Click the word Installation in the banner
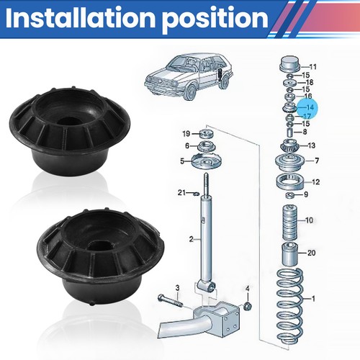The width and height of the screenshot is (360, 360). [x=81, y=18]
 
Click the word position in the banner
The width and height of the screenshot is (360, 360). [x=215, y=19]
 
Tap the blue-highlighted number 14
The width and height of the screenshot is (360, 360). [x=310, y=107]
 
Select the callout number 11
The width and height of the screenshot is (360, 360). [x=313, y=66]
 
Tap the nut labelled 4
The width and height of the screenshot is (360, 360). [x=247, y=305]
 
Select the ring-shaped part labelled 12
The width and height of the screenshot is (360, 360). [x=291, y=182]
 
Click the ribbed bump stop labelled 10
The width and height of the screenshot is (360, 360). [x=290, y=222]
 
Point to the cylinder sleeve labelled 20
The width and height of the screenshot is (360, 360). [x=289, y=254]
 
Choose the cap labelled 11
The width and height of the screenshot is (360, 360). [x=290, y=64]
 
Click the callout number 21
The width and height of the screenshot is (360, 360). [x=181, y=192]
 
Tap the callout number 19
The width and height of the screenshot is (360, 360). [x=186, y=133]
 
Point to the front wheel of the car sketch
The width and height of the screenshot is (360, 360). [x=191, y=92]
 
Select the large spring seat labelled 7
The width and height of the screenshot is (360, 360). [x=290, y=163]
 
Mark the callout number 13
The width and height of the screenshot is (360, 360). [x=311, y=145]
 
